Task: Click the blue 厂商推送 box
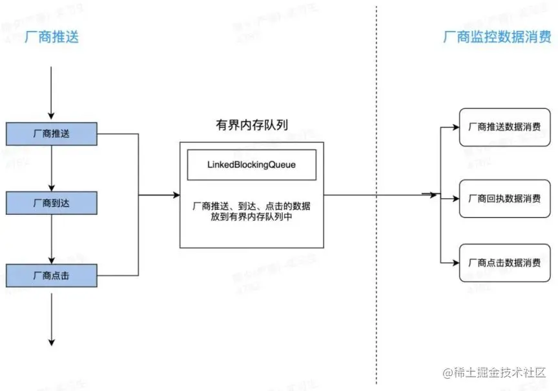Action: (x=51, y=134)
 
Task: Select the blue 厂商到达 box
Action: (x=51, y=203)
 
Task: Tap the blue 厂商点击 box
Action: (x=51, y=276)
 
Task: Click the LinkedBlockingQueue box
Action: (x=251, y=165)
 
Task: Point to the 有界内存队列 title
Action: (x=251, y=125)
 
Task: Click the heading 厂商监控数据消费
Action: (x=497, y=37)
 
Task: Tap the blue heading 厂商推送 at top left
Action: (x=51, y=37)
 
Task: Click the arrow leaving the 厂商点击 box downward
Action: (x=51, y=316)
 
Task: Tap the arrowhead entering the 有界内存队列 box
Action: (x=175, y=194)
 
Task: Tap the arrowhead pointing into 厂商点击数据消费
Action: (x=455, y=263)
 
